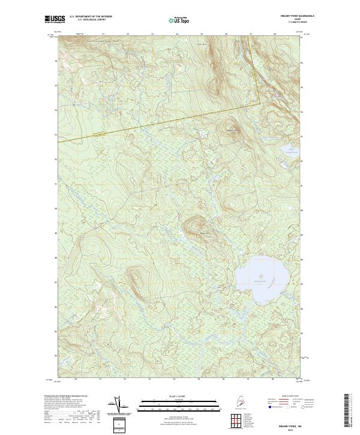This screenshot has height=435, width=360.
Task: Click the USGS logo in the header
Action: tap(53, 20)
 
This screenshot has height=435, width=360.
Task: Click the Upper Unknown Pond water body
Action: tap(275, 149)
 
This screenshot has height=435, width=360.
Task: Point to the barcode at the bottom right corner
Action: tap(350, 412)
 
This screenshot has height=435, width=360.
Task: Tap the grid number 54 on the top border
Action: tap(177, 35)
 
